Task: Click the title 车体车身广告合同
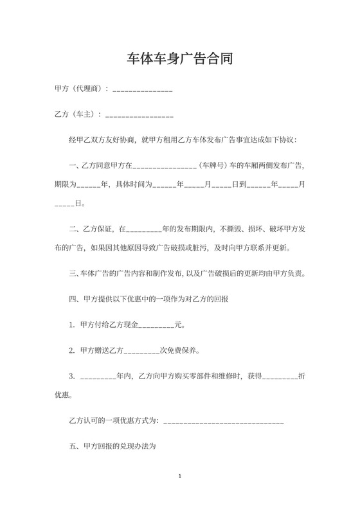(180, 60)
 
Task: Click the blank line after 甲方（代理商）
(143, 90)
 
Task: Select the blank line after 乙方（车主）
(139, 116)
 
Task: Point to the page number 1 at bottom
(180, 476)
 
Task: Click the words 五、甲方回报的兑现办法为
(113, 445)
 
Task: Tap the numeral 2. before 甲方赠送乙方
(73, 351)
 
